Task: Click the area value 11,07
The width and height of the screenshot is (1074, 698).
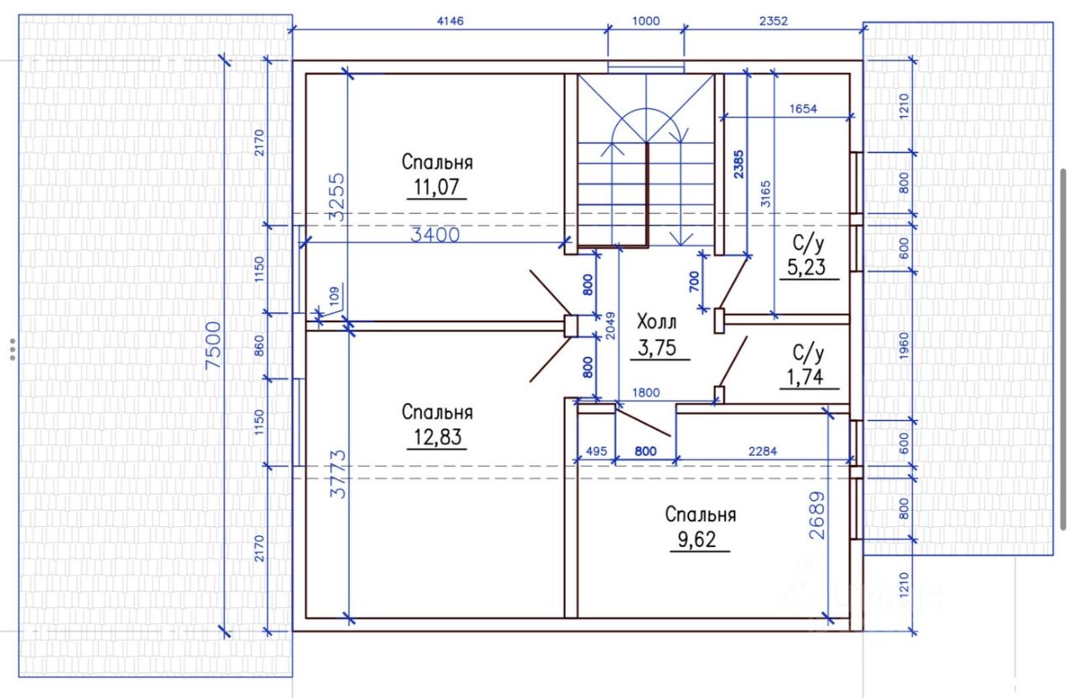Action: point(436,186)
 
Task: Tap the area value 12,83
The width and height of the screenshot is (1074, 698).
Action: point(436,437)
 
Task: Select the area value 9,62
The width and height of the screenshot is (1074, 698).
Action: point(700,539)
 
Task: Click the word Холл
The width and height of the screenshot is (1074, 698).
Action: point(656,321)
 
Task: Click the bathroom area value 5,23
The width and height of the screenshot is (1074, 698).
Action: point(807,268)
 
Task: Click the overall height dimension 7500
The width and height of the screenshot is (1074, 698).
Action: point(214,345)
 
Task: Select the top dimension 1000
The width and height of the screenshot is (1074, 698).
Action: point(646,21)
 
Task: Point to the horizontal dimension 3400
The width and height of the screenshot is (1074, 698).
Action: point(435,235)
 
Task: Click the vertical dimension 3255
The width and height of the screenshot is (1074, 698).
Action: point(336,196)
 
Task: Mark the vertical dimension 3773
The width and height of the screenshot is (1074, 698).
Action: point(337,474)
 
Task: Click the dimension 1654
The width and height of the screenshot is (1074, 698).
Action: point(802,108)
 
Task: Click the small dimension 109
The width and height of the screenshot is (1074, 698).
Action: point(334,295)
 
